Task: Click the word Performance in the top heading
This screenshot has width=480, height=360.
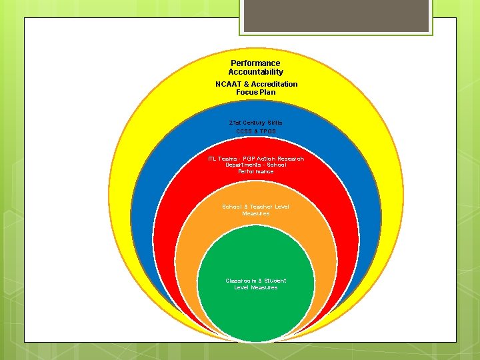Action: [255, 63]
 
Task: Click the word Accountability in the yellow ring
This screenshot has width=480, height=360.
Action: [255, 72]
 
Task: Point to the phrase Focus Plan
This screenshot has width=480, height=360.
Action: [255, 92]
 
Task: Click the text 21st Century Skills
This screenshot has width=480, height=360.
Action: [255, 123]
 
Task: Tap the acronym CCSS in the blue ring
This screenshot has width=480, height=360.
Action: [244, 131]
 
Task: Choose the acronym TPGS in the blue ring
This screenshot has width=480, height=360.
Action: [267, 131]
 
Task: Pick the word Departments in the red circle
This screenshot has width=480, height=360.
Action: [242, 165]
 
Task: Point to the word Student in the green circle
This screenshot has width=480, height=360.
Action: [275, 281]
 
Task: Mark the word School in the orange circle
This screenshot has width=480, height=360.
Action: [232, 207]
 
